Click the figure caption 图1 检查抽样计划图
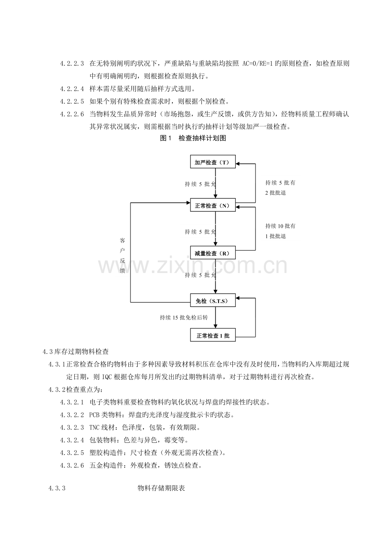point(193,138)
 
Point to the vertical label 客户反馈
point(123,255)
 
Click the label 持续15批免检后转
point(184,317)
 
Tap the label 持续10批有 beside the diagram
point(280,226)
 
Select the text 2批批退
point(276,192)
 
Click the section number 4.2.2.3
point(72,64)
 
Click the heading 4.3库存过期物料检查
point(76,352)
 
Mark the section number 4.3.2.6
point(72,465)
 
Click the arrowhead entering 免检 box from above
point(215,291)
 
